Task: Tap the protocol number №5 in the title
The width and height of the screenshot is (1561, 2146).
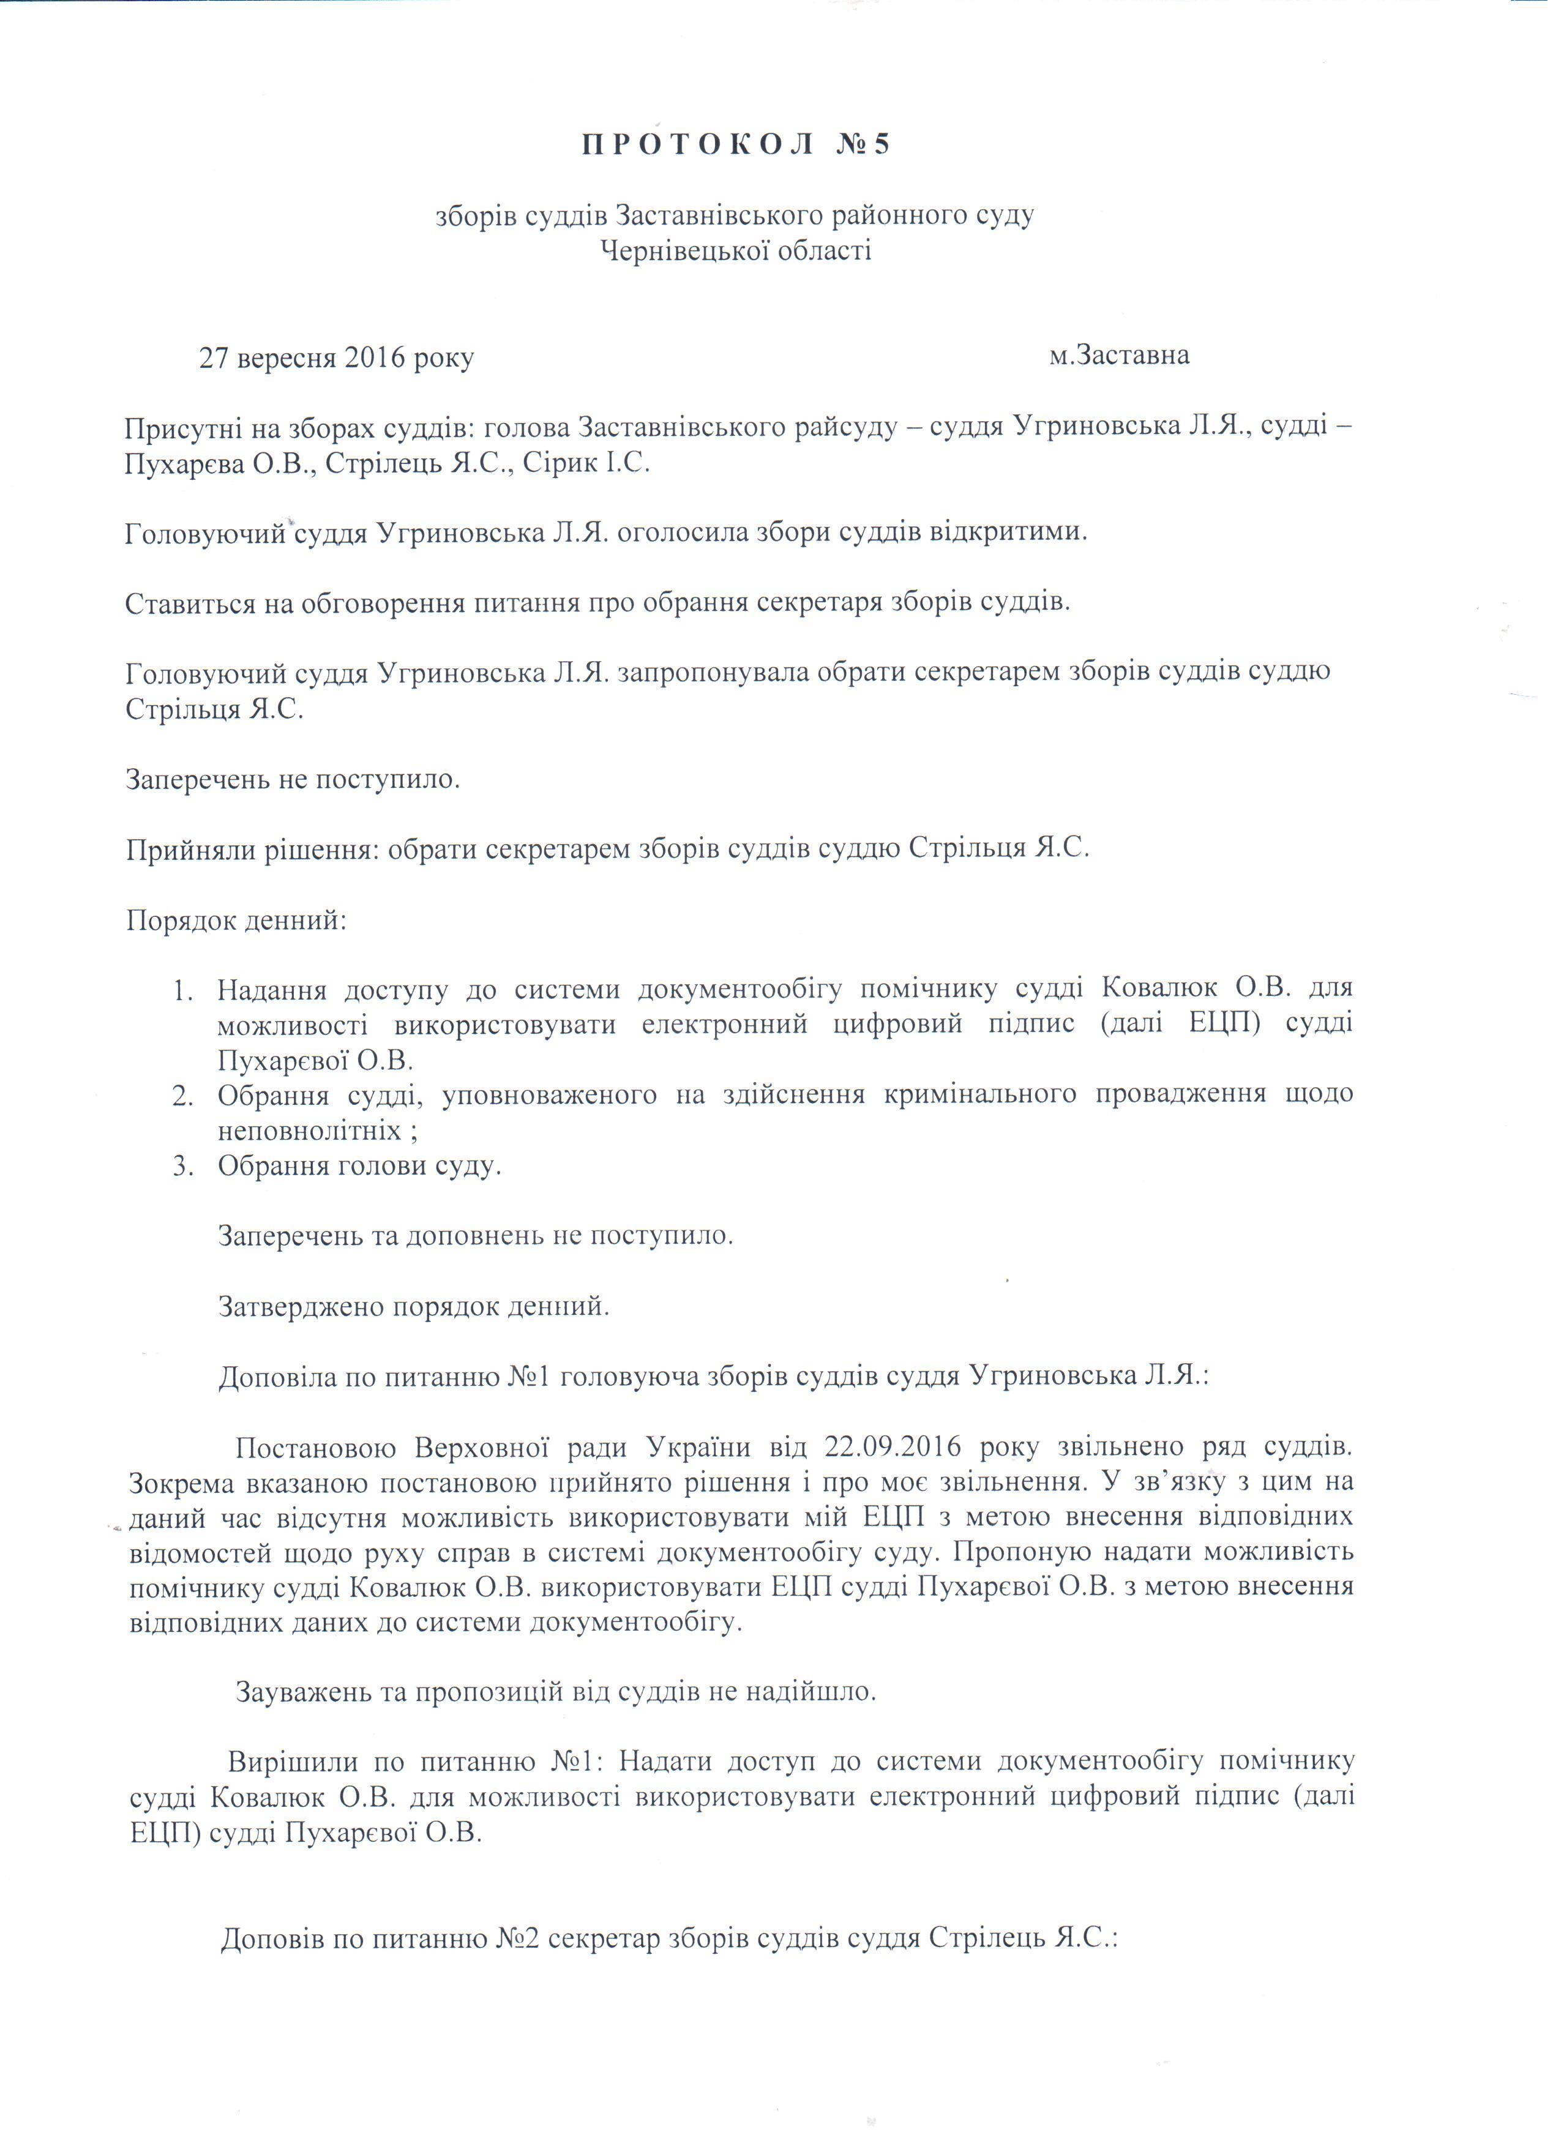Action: pyautogui.click(x=864, y=145)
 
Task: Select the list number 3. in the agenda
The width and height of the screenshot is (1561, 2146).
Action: pyautogui.click(x=184, y=1165)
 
